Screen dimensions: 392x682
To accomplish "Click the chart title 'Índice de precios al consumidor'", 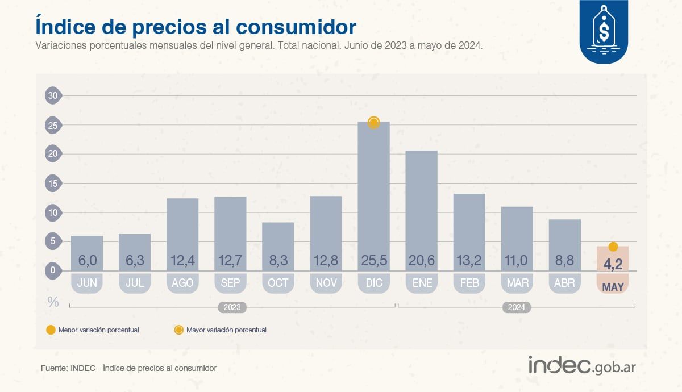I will point(196,26).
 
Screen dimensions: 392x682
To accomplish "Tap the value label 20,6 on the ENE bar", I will point(422,261).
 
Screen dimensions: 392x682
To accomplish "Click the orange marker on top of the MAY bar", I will point(613,247).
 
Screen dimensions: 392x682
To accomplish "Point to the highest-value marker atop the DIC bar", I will point(373,122).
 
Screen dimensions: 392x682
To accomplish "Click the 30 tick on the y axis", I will point(53,95).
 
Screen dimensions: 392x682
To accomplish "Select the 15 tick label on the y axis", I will point(53,184).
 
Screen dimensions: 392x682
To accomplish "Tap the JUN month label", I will point(87,283).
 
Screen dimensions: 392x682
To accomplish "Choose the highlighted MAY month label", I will point(613,287).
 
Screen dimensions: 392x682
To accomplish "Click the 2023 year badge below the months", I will point(232,307).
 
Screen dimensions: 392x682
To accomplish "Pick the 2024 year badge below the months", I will point(516,307).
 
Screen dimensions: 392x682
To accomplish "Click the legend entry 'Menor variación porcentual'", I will point(98,330).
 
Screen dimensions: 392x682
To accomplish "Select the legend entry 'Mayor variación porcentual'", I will point(226,330).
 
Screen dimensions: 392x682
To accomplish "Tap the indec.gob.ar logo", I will point(582,366).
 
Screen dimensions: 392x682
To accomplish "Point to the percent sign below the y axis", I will point(53,302).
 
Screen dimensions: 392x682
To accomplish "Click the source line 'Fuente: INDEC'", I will point(128,368).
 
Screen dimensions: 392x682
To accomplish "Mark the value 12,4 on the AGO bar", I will point(182,261).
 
